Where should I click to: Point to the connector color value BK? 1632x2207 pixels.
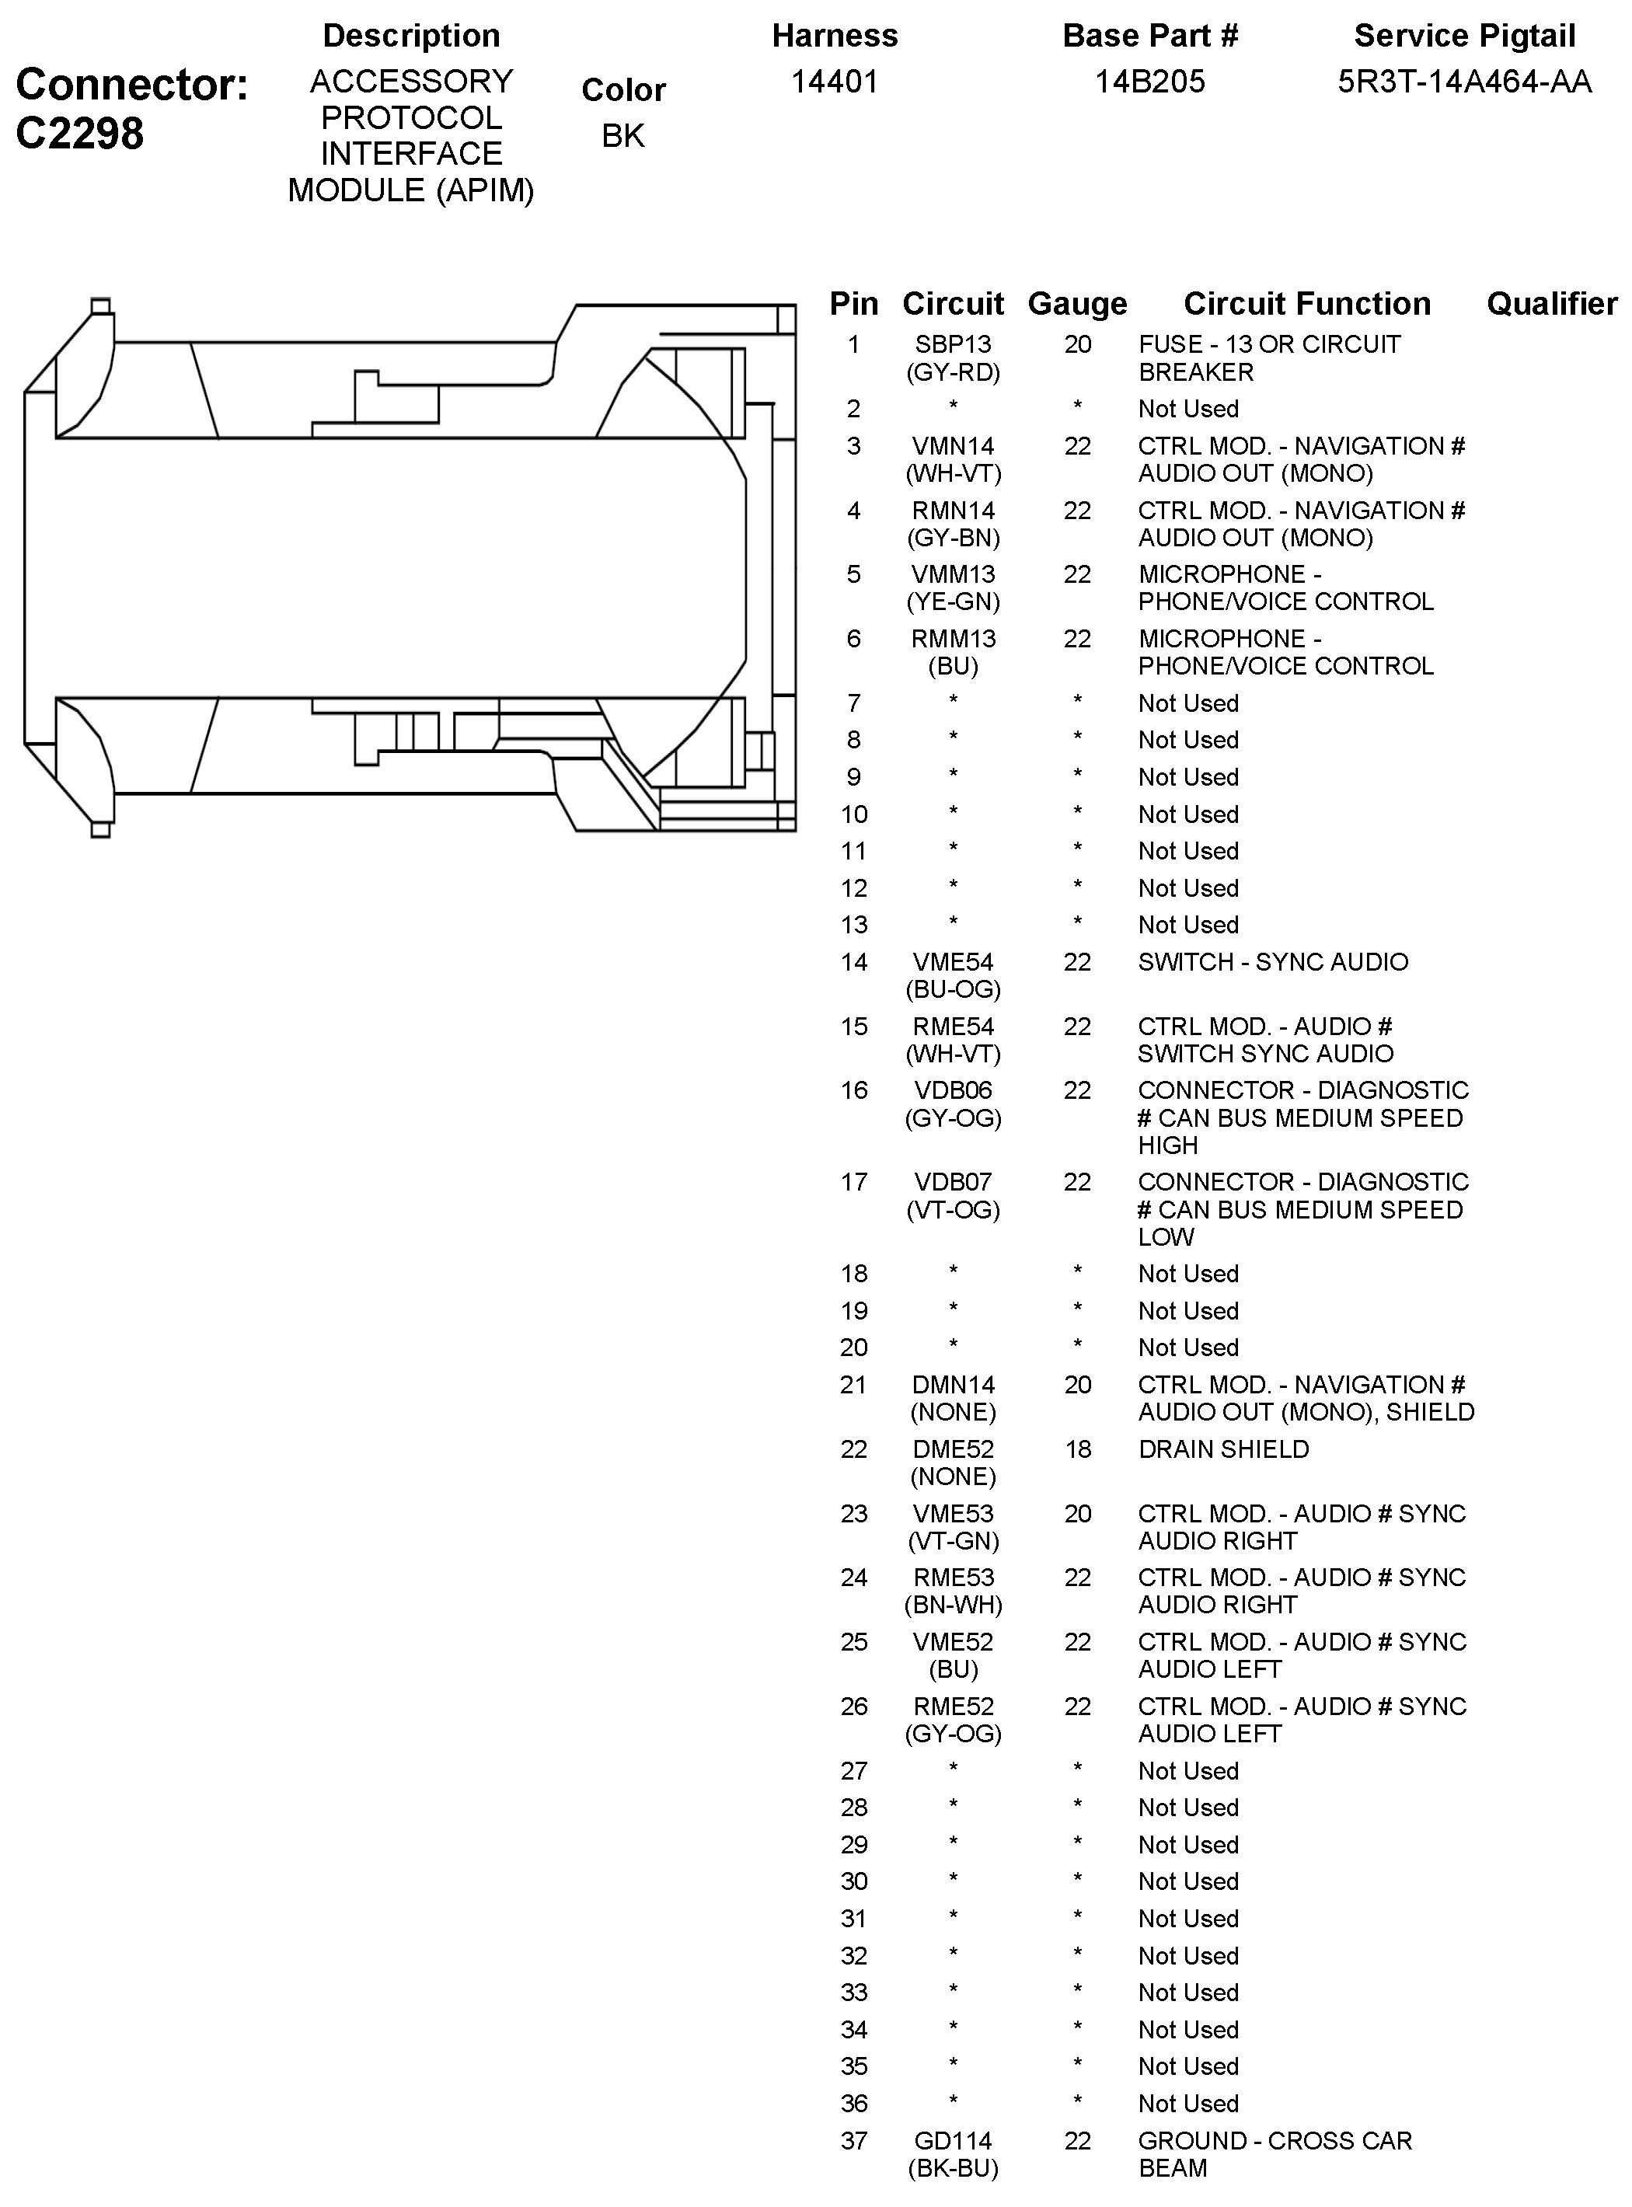(x=622, y=135)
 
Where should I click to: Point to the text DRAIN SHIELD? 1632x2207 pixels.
(x=1223, y=1449)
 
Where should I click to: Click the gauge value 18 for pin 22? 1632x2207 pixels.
(x=1077, y=1449)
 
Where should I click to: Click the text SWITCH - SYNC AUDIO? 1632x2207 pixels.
(x=1272, y=962)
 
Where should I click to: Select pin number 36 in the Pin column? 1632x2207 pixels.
(x=853, y=2104)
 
